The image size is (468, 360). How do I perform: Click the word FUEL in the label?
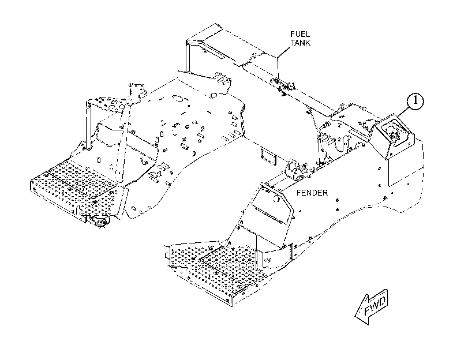300,34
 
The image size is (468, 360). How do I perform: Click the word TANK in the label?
301,43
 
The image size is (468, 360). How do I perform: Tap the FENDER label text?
312,193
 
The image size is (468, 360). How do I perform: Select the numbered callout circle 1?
415,101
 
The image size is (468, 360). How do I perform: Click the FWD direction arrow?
372,307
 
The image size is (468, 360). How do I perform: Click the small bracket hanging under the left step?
99,222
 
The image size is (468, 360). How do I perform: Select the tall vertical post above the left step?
88,125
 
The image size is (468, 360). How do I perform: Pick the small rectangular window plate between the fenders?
268,156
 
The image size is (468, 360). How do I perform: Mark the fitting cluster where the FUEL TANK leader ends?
282,85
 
